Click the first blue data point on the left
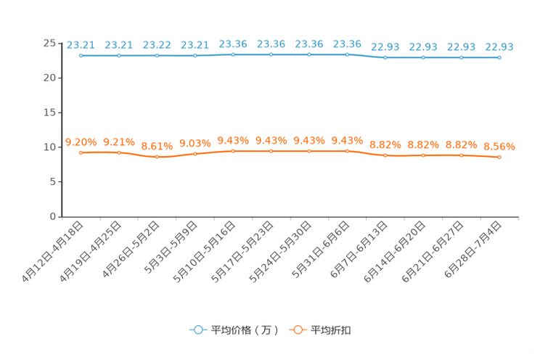(x=81, y=55)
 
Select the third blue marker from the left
(x=157, y=55)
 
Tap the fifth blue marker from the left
(x=233, y=54)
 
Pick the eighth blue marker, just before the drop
(x=347, y=54)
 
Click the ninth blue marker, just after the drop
(x=385, y=57)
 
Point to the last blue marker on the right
(x=499, y=57)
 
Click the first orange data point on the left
(x=81, y=152)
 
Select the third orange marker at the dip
(x=157, y=156)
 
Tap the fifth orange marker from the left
(x=233, y=151)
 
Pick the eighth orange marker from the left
(x=347, y=151)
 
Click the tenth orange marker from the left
(x=423, y=155)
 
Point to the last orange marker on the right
(x=499, y=157)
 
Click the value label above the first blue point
(x=81, y=45)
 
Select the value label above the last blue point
(x=499, y=47)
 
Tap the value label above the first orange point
(x=81, y=142)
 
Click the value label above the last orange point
(x=499, y=147)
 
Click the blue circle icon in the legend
(x=197, y=330)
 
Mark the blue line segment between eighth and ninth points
(x=366, y=56)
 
